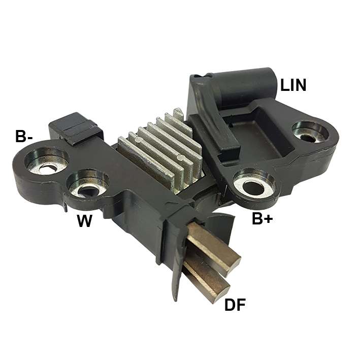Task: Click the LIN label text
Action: point(293,85)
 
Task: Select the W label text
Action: point(84,221)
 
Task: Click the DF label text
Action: point(235,305)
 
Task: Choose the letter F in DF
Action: point(242,305)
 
